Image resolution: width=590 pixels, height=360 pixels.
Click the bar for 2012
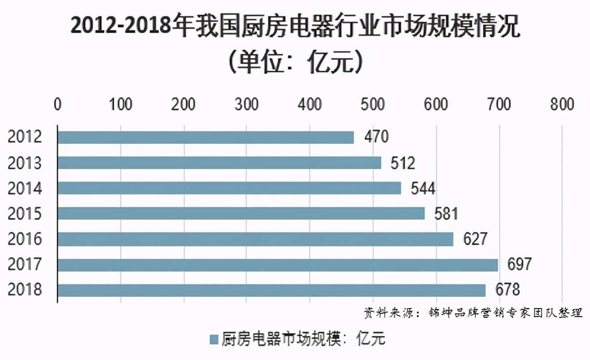[x=205, y=137]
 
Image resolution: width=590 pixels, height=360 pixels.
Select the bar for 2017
[x=278, y=265]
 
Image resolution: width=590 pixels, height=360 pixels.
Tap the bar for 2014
[x=229, y=188]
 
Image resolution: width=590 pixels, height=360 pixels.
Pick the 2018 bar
[x=271, y=290]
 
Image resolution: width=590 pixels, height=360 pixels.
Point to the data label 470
[x=376, y=137]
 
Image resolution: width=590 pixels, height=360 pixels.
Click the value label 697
[x=519, y=265]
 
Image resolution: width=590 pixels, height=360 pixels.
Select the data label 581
[x=446, y=214]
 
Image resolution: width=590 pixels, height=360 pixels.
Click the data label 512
[x=403, y=163]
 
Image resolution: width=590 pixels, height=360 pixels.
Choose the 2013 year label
[x=25, y=163]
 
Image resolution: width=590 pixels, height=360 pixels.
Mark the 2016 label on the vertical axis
[x=25, y=239]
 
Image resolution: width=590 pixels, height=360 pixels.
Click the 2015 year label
[x=25, y=214]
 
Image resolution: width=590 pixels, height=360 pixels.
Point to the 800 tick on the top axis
[x=562, y=104]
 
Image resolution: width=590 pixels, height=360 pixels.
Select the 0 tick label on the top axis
[x=57, y=104]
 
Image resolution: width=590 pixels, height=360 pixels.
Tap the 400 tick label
[x=309, y=104]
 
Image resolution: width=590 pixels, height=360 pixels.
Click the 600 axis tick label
[x=436, y=104]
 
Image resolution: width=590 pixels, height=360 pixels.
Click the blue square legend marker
[x=214, y=339]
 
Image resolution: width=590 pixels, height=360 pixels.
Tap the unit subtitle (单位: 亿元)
[x=295, y=63]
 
